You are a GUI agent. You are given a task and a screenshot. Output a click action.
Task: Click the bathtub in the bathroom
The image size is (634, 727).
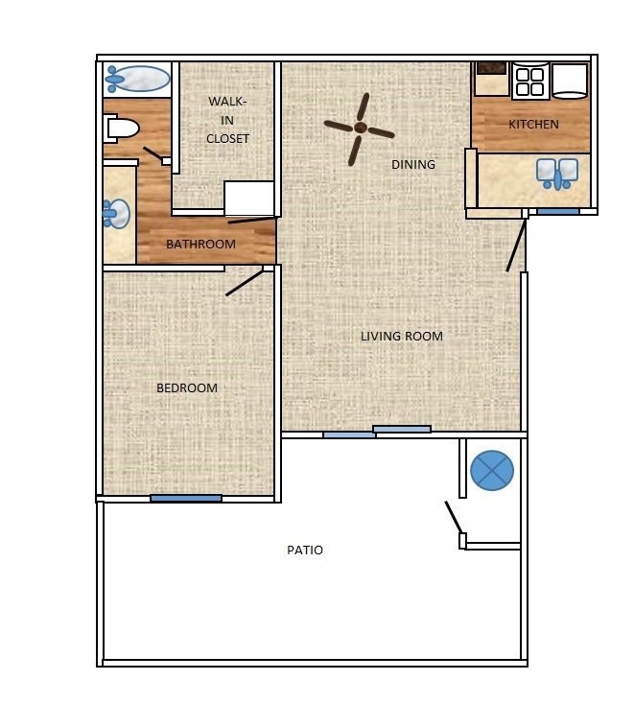(136, 79)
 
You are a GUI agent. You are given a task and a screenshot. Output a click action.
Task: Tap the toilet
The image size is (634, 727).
(122, 128)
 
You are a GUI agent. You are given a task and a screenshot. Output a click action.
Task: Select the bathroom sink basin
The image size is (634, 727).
(117, 214)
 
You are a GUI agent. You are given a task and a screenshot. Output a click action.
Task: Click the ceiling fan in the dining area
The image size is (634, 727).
(360, 128)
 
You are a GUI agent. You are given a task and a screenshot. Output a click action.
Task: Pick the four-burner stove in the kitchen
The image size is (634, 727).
(529, 82)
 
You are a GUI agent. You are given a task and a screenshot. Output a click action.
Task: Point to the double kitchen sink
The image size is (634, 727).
(557, 174)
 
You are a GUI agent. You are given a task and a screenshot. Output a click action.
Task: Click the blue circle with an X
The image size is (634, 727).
(492, 470)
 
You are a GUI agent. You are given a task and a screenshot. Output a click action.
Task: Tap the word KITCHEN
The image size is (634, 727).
(533, 125)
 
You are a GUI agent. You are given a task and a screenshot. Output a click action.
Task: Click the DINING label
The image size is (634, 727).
(413, 164)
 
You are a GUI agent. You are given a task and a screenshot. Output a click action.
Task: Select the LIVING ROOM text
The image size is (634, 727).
(401, 336)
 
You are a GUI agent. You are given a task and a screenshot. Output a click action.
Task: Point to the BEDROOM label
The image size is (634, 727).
(187, 387)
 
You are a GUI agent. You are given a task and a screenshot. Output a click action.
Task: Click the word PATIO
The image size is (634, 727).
(305, 551)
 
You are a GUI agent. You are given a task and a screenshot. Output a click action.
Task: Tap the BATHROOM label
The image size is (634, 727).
(200, 244)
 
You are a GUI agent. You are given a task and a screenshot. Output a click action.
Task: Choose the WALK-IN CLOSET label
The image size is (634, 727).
(227, 120)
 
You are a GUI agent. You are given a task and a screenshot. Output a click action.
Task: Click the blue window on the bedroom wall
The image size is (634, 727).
(186, 498)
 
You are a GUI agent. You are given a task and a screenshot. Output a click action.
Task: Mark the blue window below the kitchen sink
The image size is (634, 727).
(557, 211)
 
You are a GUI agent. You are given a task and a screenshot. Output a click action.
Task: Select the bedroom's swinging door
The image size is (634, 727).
(245, 282)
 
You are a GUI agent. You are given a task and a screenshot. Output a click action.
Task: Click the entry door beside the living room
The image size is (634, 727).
(516, 246)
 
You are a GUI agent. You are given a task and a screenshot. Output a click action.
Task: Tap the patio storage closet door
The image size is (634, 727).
(453, 519)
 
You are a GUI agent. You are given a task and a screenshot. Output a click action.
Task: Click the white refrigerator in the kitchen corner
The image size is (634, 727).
(570, 81)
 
